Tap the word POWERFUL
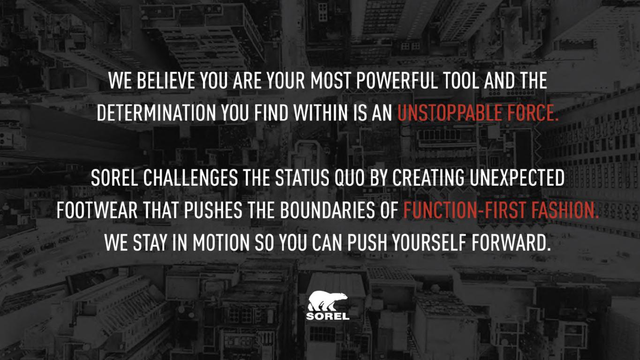coord(397,81)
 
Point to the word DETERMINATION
coord(156,113)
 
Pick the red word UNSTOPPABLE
coord(450,113)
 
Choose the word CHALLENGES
coord(190,178)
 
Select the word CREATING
coord(428,178)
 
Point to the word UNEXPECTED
coord(517,178)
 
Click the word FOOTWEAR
coord(97,210)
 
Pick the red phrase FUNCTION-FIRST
coord(465,210)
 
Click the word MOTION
coord(221,243)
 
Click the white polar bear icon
coord(327,301)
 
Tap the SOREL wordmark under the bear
coord(328,316)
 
